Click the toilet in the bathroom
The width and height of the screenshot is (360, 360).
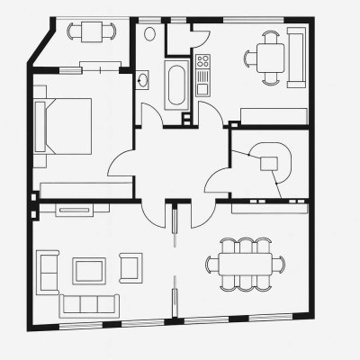coord(149,34)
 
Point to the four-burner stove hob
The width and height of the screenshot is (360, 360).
coord(202,63)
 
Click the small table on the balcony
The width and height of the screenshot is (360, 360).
coord(90,32)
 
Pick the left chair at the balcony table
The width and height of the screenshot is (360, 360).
coord(73,32)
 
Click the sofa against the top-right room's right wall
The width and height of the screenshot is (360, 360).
coord(294,56)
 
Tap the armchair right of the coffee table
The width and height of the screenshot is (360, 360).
coord(130,266)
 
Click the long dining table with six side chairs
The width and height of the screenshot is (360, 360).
coord(245,264)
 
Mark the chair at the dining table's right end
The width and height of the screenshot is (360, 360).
coord(278,264)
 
